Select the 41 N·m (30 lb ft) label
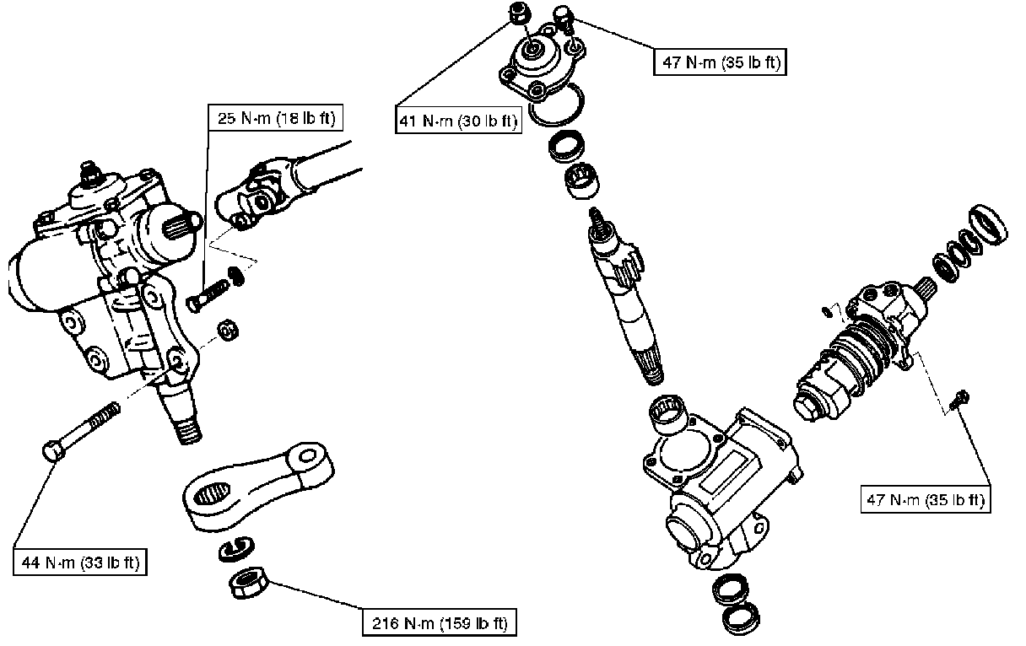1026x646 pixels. [x=457, y=121]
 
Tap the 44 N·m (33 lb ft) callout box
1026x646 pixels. [x=80, y=561]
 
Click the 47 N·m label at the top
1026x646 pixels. [x=720, y=62]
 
